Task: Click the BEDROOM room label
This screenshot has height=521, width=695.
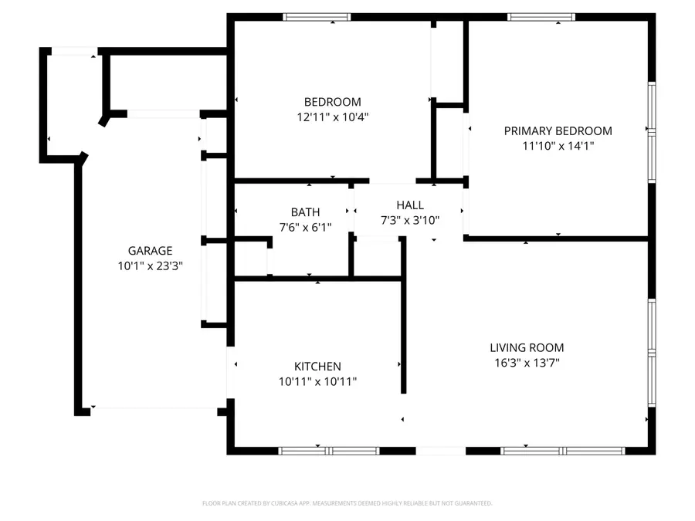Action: [x=332, y=102]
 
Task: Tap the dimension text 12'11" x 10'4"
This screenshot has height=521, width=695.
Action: [x=332, y=117]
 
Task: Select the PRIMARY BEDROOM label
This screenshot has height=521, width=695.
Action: [x=558, y=131]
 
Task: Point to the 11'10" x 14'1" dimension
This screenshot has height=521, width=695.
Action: [x=558, y=145]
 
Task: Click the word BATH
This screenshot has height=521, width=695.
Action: [x=305, y=212]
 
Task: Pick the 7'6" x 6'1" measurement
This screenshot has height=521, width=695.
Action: [x=305, y=227]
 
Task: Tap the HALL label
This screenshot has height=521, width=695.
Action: [x=410, y=205]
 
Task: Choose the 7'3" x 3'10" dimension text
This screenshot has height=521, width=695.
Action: [x=410, y=220]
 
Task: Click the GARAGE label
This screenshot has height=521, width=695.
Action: [x=150, y=251]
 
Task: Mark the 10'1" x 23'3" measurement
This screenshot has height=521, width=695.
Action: [x=150, y=266]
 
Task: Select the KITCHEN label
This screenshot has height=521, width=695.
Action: [x=317, y=367]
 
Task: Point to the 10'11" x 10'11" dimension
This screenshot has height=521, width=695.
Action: [x=317, y=381]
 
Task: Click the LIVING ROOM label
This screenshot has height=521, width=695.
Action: [x=527, y=348]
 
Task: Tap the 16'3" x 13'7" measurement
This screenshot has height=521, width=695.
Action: [x=527, y=362]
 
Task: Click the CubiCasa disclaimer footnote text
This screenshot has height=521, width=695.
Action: [x=347, y=503]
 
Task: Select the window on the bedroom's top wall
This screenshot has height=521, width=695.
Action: [x=317, y=17]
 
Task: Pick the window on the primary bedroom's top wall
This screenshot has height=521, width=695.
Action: [x=541, y=17]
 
